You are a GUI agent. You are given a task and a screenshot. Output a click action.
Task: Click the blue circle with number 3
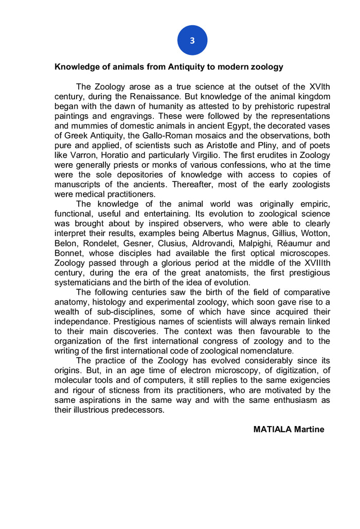(192, 40)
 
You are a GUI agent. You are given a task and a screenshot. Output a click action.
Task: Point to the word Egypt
(228, 126)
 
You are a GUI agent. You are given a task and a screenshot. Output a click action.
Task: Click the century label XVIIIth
(312, 263)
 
